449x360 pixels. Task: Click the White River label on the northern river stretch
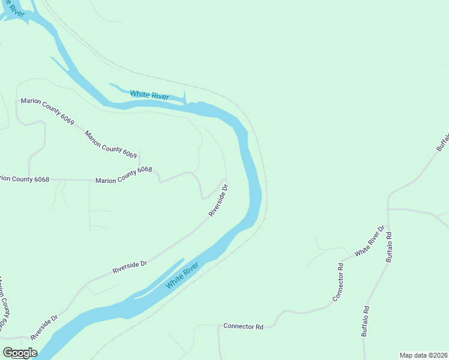coord(149,95)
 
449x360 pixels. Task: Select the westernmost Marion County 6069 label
coord(47,111)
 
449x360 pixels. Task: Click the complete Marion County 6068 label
coord(124,175)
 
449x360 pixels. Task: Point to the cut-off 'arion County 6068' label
coord(24,179)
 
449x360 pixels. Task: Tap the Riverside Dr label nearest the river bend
coord(219,200)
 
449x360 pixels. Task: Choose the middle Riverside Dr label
coord(130,268)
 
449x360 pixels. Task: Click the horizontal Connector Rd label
coord(244,327)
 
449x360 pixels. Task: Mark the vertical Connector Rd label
coord(340,283)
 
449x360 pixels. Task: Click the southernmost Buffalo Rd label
coord(365,322)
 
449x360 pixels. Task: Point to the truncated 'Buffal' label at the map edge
coord(443,140)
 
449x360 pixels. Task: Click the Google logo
coord(20,353)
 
